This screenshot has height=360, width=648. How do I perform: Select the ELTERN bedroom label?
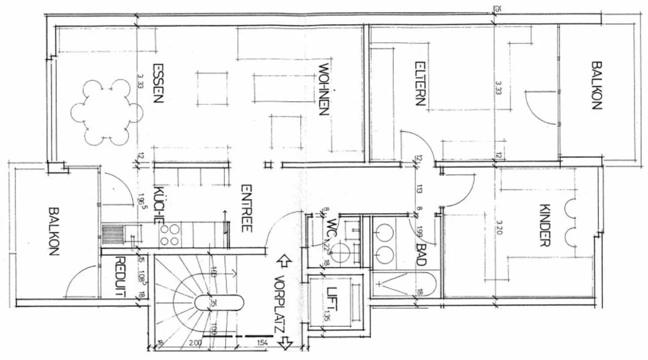coord(419,83)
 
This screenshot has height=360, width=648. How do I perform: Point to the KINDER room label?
coord(545,226)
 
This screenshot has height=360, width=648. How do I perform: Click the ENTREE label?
coord(246,208)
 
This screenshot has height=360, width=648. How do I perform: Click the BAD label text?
coord(421,255)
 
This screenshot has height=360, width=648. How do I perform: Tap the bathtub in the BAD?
coord(404,284)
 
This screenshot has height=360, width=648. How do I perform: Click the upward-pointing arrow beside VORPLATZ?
coord(283,260)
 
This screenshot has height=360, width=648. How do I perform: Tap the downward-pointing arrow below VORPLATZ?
coord(284,344)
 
